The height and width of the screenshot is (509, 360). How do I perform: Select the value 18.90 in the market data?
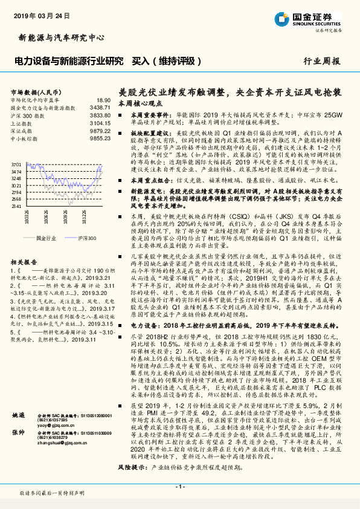point(104,99)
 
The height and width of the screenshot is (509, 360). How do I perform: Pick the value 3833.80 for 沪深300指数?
point(100,114)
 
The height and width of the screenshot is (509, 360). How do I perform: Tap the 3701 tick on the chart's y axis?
point(16,164)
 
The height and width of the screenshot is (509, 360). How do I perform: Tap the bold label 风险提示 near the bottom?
point(132,467)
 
